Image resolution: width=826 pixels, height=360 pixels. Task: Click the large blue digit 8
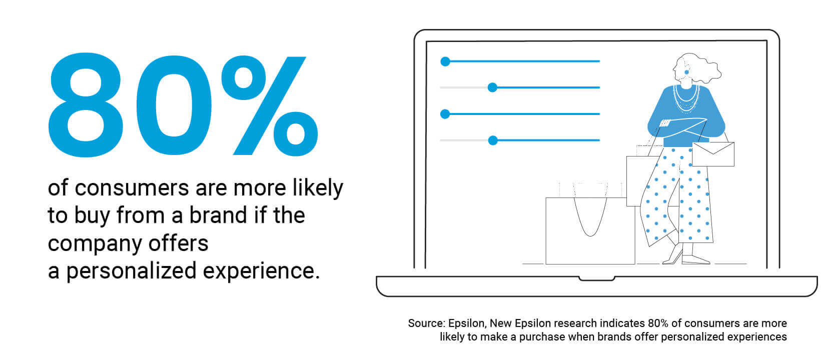pyautogui.click(x=86, y=105)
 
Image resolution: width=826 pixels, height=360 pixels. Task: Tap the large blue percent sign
pyautogui.click(x=270, y=106)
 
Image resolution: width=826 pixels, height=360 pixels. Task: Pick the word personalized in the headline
pyautogui.click(x=131, y=271)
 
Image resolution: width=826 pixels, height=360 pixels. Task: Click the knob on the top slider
pyautogui.click(x=445, y=61)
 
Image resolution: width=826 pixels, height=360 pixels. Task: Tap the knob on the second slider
pyautogui.click(x=492, y=87)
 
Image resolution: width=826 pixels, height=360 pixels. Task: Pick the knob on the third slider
pyautogui.click(x=445, y=114)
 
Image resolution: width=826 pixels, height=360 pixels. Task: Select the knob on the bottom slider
pyautogui.click(x=493, y=140)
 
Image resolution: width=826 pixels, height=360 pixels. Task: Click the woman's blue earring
pyautogui.click(x=686, y=72)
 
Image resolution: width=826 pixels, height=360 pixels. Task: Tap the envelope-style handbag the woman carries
pyautogui.click(x=713, y=154)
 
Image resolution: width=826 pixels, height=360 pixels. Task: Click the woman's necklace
pyautogui.click(x=686, y=98)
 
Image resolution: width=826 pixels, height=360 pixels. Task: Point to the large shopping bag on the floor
pyautogui.click(x=590, y=230)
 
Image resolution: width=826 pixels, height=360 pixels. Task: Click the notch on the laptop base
pyautogui.click(x=596, y=278)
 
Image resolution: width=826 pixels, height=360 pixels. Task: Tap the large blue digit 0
pyautogui.click(x=174, y=106)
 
